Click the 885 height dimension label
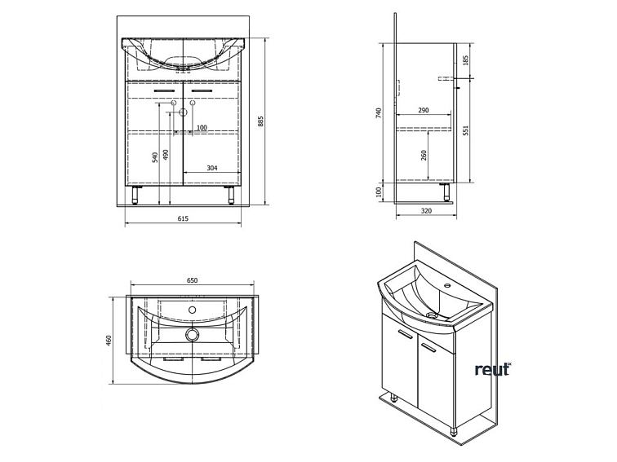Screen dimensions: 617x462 click(261, 121)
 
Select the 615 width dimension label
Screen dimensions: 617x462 click(183, 218)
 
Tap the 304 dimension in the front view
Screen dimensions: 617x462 click(212, 168)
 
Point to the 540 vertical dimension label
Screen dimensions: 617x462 click(155, 157)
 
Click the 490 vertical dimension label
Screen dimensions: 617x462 click(166, 154)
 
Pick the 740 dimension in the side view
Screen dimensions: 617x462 click(379, 113)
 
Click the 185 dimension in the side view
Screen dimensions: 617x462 click(466, 60)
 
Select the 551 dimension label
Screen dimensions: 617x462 click(466, 130)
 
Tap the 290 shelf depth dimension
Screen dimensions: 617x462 click(423, 110)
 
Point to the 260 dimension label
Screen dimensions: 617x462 click(424, 155)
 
